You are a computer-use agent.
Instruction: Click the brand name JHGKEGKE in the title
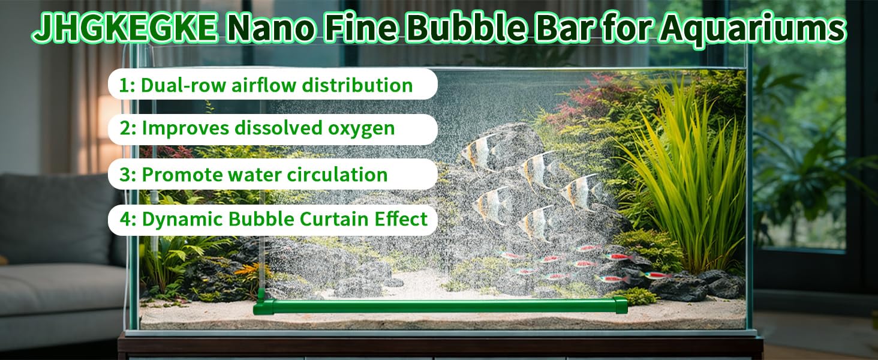[125, 28]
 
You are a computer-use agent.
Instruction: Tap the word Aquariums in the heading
[753, 28]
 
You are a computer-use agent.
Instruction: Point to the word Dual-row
[184, 85]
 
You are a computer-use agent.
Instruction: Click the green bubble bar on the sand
[440, 306]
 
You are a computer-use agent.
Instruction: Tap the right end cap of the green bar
[621, 305]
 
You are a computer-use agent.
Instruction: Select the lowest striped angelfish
[536, 224]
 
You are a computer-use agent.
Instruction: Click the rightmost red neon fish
[656, 275]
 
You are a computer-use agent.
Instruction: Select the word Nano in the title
[270, 28]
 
